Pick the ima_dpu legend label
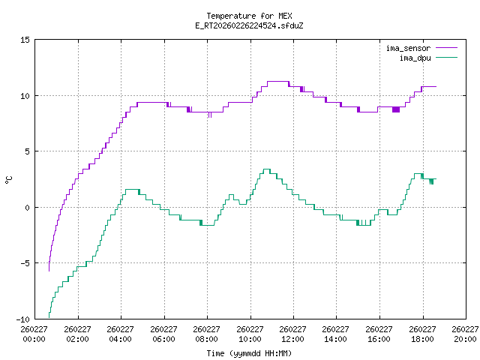[x=414, y=57]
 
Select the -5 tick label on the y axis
[x=25, y=263]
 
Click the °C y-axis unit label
[x=8, y=179]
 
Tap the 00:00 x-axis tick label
[x=34, y=334]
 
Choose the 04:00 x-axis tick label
[x=121, y=334]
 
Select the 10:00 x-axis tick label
[x=250, y=334]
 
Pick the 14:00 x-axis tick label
[x=336, y=334]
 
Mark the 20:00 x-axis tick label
[x=465, y=334]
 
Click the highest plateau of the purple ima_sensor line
[x=277, y=81]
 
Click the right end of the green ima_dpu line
[x=435, y=180]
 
